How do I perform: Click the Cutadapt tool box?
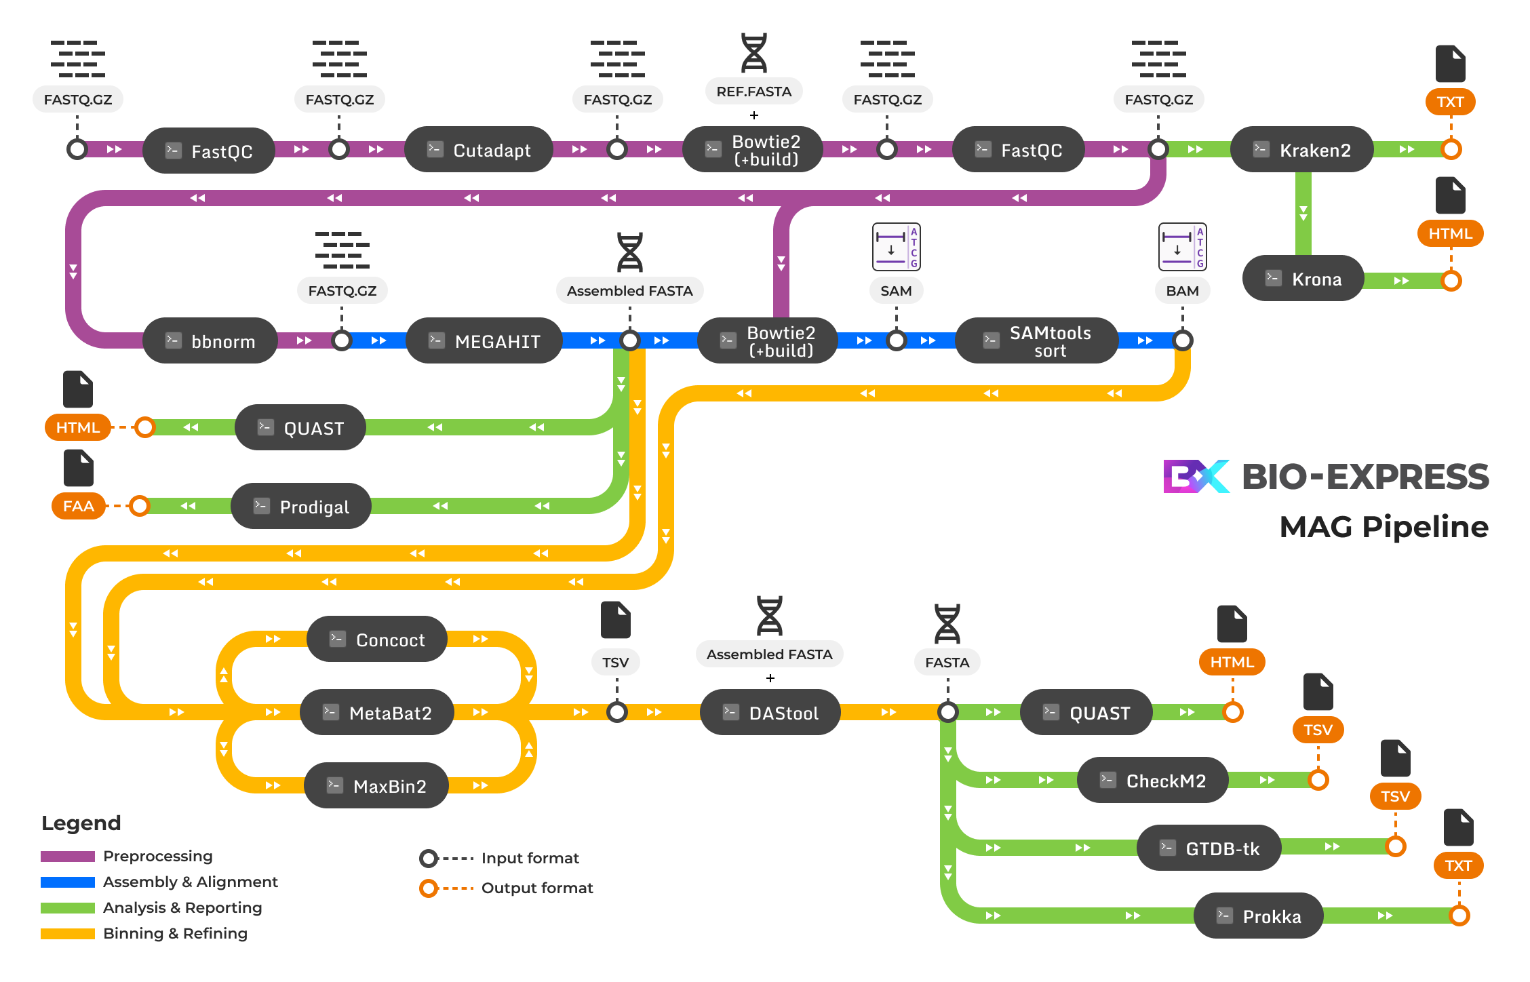pos(479,150)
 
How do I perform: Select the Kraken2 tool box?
pos(1302,150)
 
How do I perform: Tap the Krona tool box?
pos(1303,279)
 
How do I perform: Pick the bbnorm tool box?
pos(210,341)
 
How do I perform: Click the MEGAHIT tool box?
pos(484,341)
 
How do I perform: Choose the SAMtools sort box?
pos(1036,341)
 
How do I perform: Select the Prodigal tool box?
pos(301,507)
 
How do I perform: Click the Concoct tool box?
pos(377,640)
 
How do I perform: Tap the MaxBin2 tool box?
pos(376,786)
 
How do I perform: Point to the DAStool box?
pos(770,713)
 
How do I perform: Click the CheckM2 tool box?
pos(1153,781)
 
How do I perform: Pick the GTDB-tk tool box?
pos(1209,848)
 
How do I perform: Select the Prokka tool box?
pos(1259,916)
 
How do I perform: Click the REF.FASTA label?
pos(754,92)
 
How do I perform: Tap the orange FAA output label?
pos(79,506)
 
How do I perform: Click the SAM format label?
pos(896,291)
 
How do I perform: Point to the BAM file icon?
pos(1182,247)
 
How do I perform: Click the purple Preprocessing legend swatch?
pos(68,857)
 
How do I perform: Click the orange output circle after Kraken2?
pos(1451,149)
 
